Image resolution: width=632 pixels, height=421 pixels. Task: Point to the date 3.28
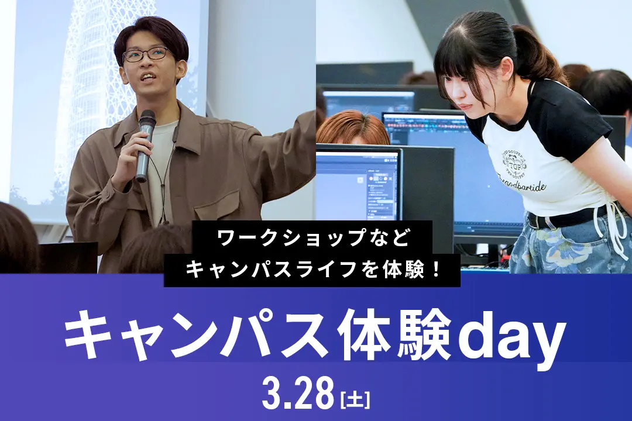pos(298,395)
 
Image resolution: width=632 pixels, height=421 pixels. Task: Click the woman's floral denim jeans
pos(568,249)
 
